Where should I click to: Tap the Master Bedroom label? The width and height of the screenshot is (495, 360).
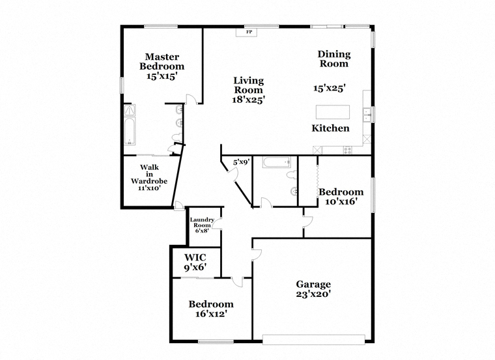[162, 62]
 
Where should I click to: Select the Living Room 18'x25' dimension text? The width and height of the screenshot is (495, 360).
[248, 100]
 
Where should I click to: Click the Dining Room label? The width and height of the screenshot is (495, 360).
[334, 59]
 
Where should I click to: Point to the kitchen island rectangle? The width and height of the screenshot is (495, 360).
[333, 112]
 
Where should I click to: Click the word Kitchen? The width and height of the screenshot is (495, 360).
[330, 128]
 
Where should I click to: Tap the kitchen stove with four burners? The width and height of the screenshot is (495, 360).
[348, 150]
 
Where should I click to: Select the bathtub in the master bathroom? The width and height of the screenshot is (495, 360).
[130, 132]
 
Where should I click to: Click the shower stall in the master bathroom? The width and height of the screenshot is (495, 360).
[130, 110]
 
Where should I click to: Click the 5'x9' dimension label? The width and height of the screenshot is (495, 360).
[242, 163]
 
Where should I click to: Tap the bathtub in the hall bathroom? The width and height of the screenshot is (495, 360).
[277, 163]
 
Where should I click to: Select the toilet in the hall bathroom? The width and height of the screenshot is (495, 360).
[291, 175]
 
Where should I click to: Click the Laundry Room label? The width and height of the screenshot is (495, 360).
[202, 223]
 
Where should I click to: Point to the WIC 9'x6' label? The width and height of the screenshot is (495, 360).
[195, 262]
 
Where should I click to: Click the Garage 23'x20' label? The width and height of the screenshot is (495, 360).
[313, 289]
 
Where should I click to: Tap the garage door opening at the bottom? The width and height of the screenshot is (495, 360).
[314, 340]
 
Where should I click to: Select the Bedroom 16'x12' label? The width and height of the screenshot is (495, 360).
[211, 309]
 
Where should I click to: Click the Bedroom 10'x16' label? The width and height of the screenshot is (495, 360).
[341, 197]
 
